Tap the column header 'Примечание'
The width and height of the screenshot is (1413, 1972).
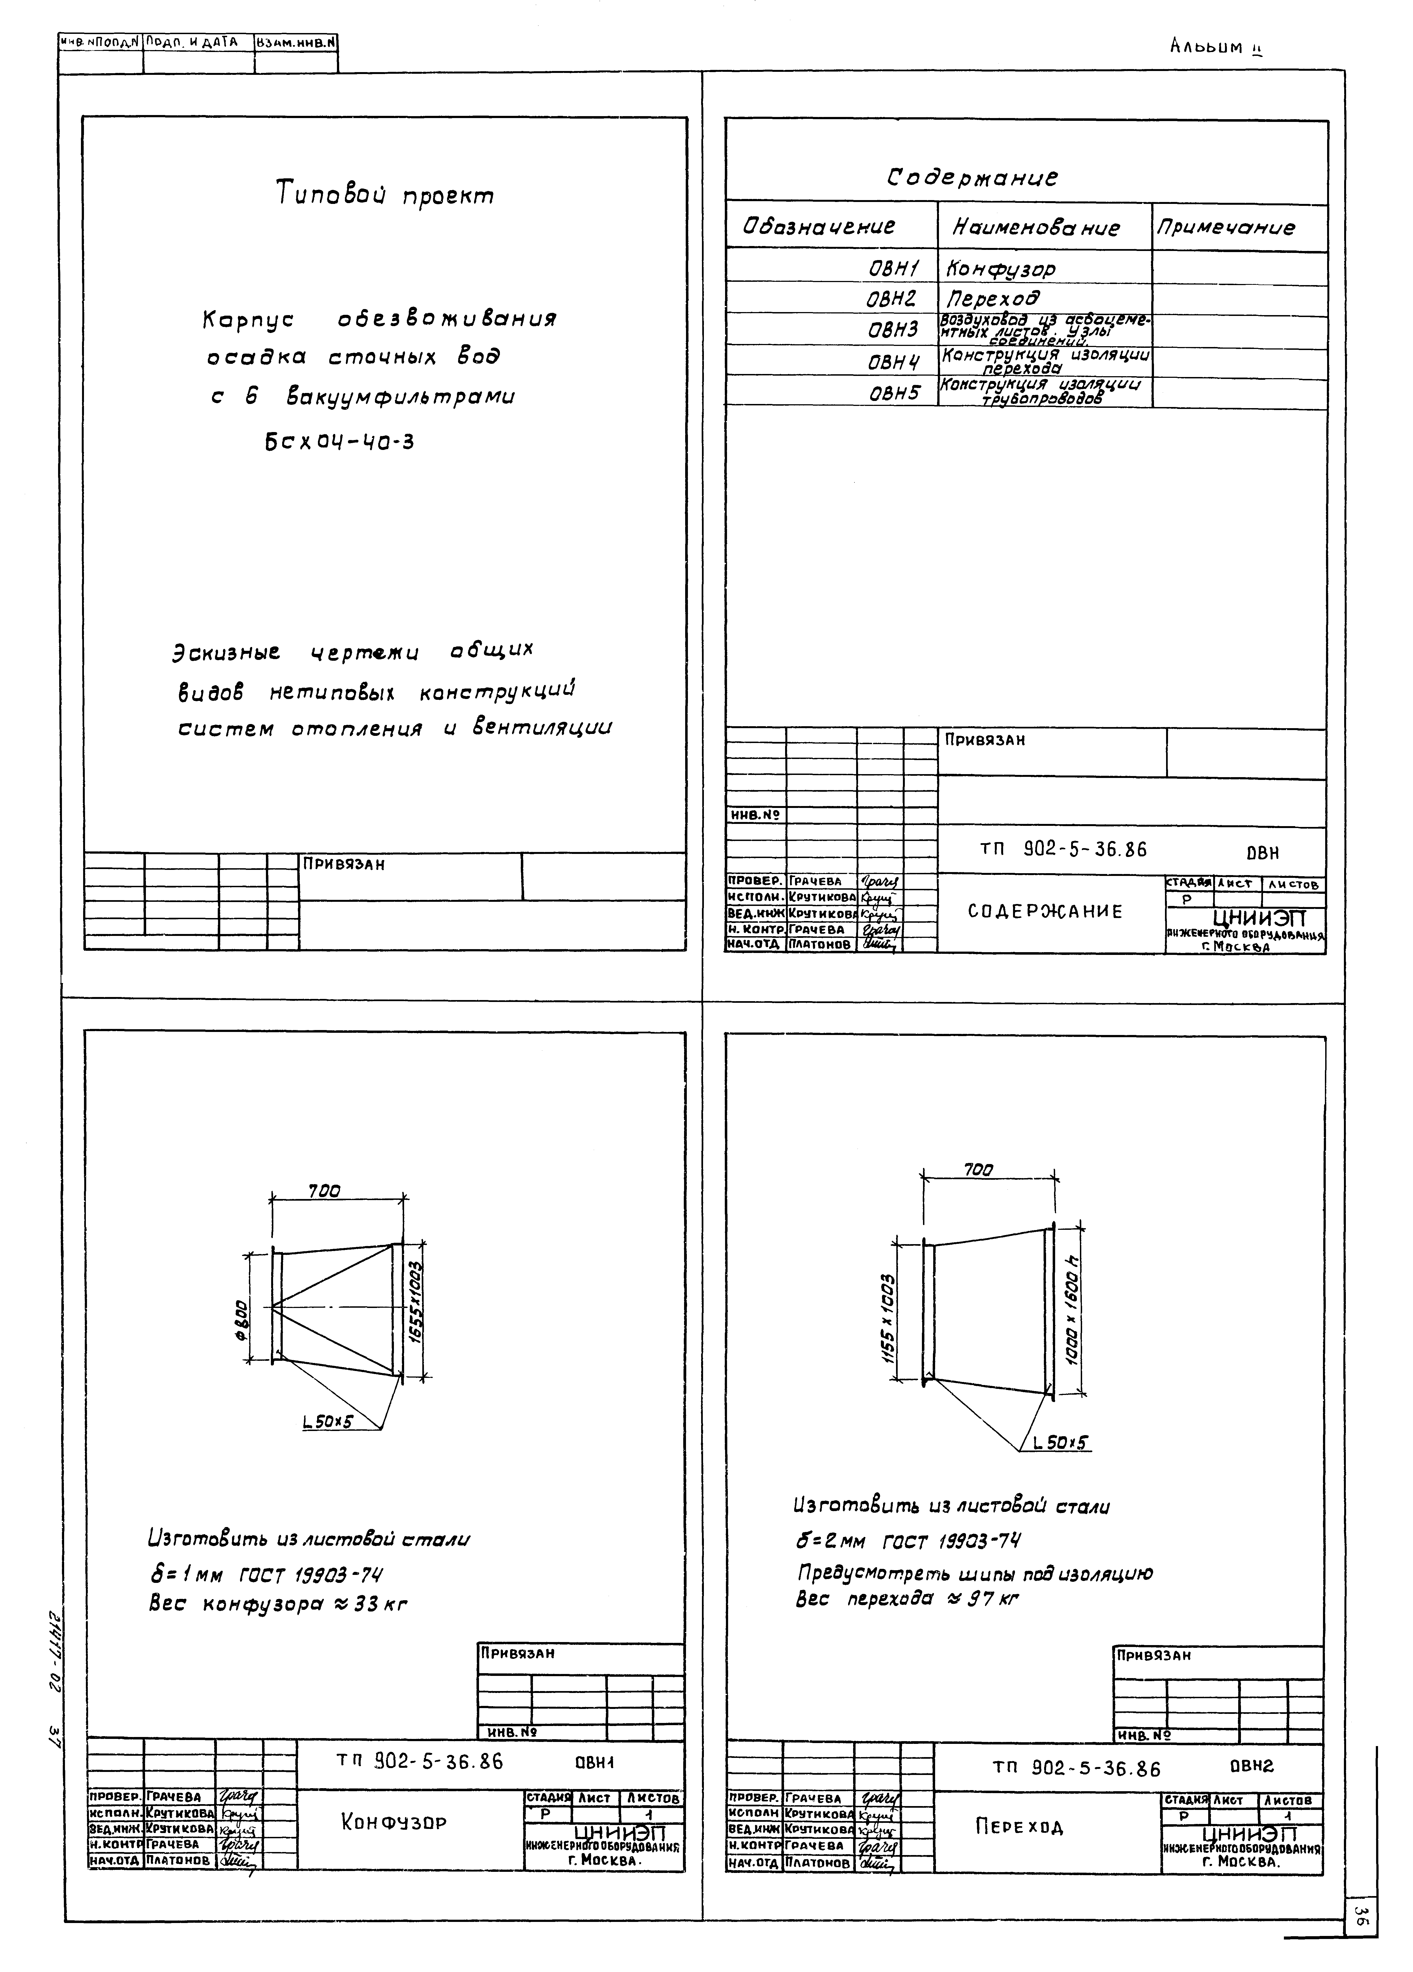pos(1224,228)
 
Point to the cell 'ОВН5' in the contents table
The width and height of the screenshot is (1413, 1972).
pos(894,393)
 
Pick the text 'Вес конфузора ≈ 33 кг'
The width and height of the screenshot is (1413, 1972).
pos(278,1604)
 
